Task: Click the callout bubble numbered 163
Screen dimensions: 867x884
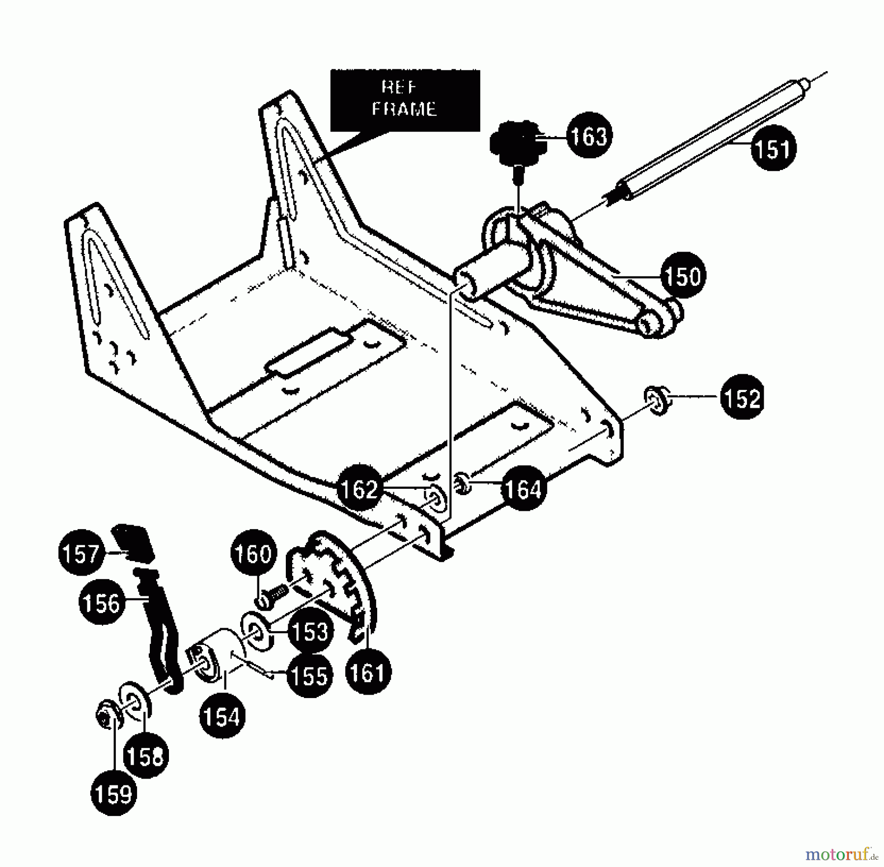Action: click(589, 136)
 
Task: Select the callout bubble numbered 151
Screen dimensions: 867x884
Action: click(773, 148)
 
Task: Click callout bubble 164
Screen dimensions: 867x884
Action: click(524, 488)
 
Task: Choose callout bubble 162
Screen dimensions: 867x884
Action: click(359, 488)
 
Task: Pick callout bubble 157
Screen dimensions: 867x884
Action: click(81, 554)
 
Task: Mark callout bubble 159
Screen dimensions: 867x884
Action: click(113, 794)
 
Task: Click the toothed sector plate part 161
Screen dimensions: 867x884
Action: click(339, 580)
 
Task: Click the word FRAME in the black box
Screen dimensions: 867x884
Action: click(404, 109)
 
